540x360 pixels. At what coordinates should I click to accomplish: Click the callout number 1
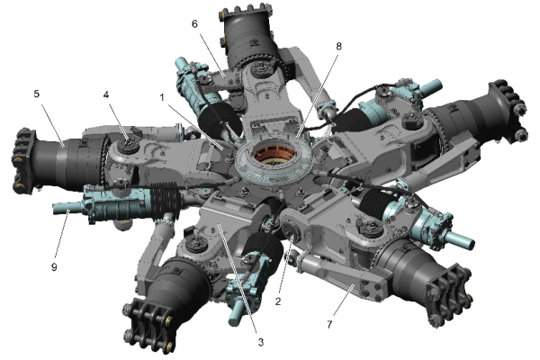click(162, 98)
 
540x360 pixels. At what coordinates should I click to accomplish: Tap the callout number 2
click(278, 301)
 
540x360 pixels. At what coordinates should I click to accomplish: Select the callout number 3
click(261, 342)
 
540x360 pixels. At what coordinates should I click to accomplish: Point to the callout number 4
click(105, 94)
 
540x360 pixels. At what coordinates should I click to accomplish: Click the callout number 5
click(37, 94)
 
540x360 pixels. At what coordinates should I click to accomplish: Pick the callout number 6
click(194, 24)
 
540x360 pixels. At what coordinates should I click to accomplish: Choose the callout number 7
click(329, 325)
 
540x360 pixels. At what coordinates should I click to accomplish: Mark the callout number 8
click(339, 46)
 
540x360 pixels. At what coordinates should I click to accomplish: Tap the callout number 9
click(54, 267)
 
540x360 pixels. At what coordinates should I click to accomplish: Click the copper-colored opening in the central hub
click(274, 155)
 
